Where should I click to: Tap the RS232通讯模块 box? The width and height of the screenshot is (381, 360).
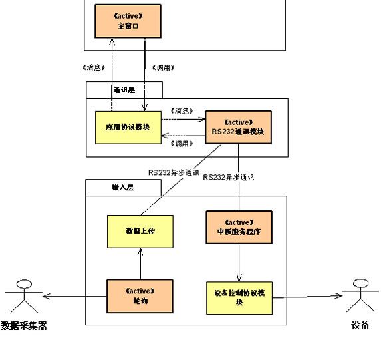point(239,127)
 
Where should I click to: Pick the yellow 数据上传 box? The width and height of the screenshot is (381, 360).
point(140,232)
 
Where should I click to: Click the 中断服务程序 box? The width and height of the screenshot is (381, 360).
point(239,228)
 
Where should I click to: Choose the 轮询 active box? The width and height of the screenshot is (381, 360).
point(140,295)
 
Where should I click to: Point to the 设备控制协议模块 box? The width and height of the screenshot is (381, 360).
point(239,297)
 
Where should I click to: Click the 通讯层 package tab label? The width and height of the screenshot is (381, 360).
point(123,90)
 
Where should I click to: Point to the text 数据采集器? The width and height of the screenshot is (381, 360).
point(25,326)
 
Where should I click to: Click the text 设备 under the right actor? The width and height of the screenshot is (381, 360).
point(360,326)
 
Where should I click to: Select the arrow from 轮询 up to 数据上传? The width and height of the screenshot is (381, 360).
point(140,264)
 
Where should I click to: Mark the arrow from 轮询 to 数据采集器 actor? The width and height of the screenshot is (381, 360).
point(73,296)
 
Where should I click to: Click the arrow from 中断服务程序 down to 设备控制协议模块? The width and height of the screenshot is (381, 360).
point(239,262)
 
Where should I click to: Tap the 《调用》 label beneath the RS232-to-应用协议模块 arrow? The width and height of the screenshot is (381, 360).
point(182,143)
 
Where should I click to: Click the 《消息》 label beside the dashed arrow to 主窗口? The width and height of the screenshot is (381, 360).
point(91,67)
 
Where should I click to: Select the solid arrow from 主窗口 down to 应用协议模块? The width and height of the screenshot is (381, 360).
point(145,73)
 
